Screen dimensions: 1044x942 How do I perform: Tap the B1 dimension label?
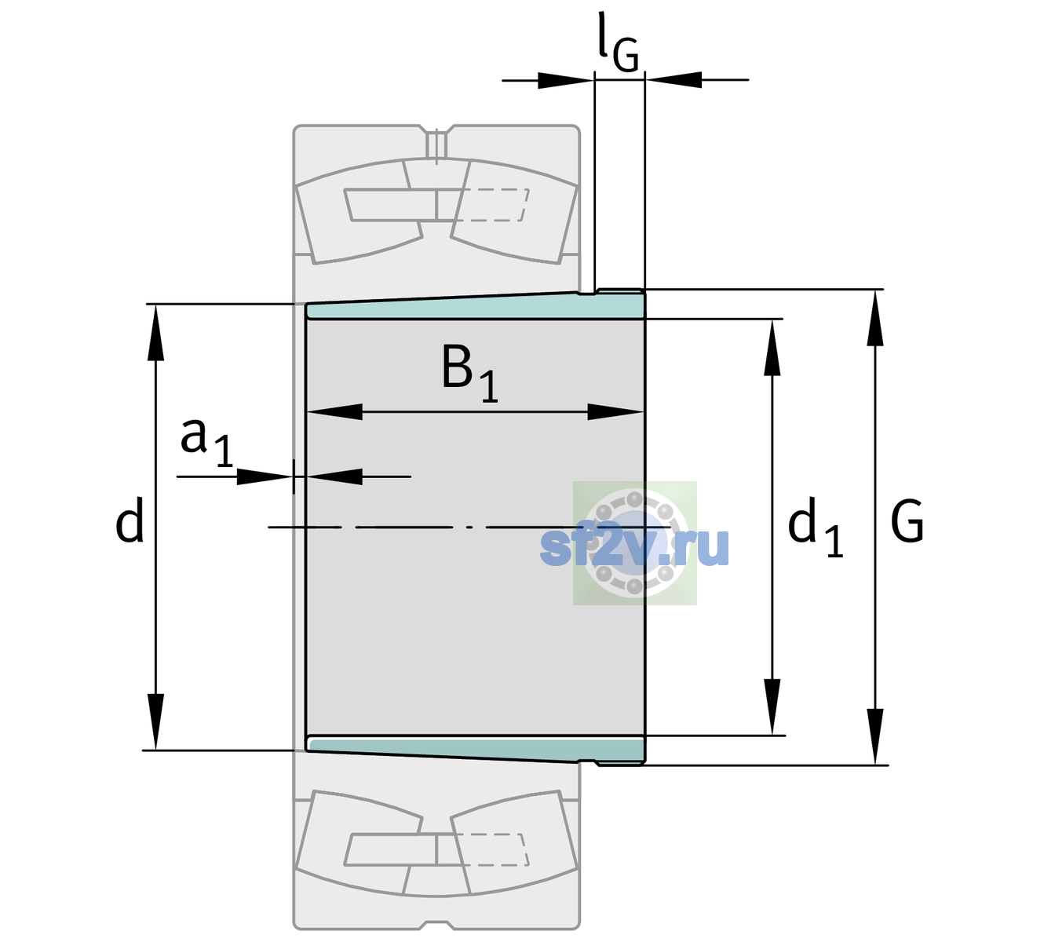pos(469,373)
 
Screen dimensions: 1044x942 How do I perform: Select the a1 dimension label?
pos(206,443)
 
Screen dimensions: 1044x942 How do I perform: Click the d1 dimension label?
pos(815,527)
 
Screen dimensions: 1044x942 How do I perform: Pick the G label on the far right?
pos(907,521)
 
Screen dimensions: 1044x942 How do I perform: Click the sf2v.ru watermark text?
pos(634,546)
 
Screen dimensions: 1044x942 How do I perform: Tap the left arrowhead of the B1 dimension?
pos(334,411)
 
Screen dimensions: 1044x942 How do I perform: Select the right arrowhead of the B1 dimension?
pos(615,411)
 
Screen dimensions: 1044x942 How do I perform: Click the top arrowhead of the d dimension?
pos(155,332)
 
